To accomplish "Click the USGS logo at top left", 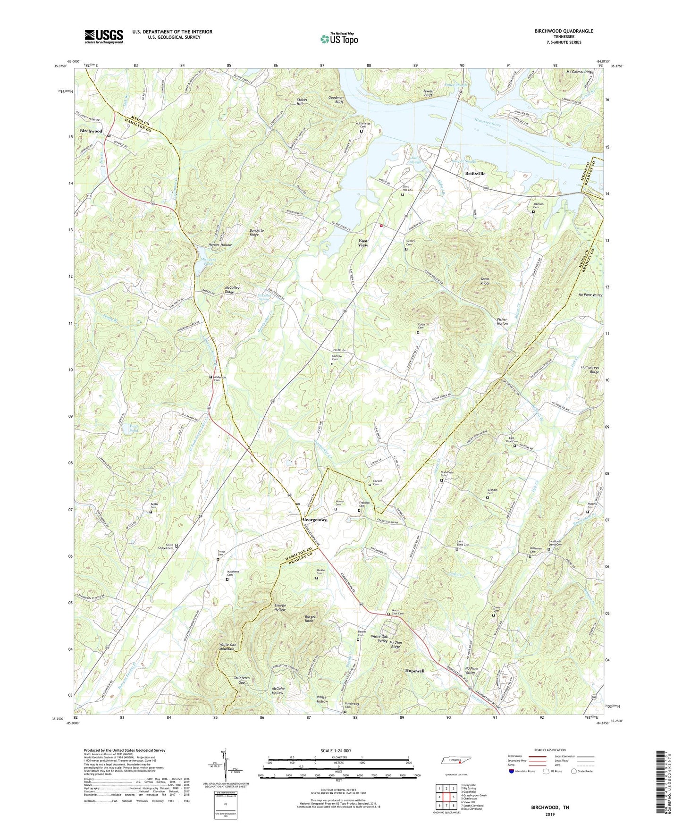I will click(103, 36).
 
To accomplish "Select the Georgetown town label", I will click(315, 520).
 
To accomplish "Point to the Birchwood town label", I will click(91, 131).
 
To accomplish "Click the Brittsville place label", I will click(475, 174).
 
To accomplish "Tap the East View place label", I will click(363, 243).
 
